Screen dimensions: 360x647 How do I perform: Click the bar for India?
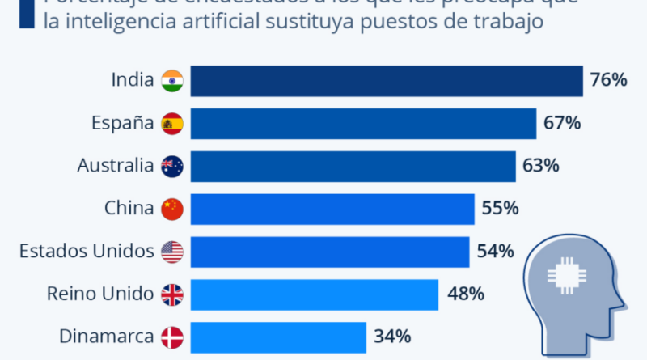(387, 81)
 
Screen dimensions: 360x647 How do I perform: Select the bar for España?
(363, 124)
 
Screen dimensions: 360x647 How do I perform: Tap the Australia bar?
(353, 167)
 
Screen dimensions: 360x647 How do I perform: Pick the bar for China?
(332, 209)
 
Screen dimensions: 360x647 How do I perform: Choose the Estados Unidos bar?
(330, 252)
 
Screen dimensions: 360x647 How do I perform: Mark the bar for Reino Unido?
(314, 294)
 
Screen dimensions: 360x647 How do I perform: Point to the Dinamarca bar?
(277, 336)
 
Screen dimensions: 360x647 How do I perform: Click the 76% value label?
(608, 81)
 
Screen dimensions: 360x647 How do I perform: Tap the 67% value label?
(561, 124)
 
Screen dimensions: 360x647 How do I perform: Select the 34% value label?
(392, 336)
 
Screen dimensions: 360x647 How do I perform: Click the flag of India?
(172, 81)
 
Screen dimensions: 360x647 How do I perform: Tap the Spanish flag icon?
(172, 124)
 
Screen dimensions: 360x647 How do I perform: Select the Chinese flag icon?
(172, 209)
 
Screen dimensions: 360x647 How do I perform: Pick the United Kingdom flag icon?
(172, 294)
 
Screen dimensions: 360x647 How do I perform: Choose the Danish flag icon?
(172, 336)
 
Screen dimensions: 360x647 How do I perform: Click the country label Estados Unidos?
(87, 252)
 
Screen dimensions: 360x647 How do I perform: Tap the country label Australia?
(115, 167)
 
